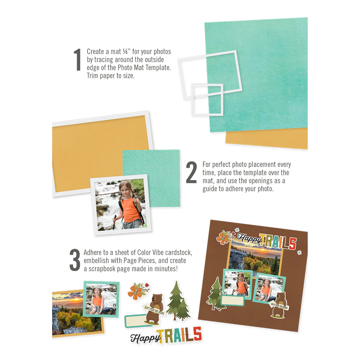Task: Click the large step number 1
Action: [x=77, y=60]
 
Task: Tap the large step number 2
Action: [x=191, y=172]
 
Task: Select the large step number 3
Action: [x=75, y=259]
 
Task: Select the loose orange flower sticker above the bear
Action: [x=136, y=291]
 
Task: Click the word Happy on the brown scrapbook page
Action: [x=248, y=239]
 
